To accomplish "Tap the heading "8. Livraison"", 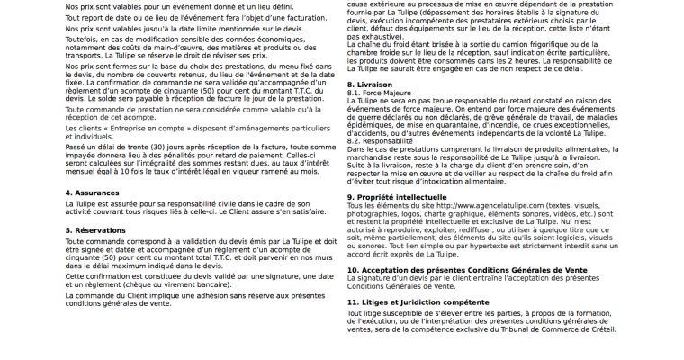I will (x=371, y=83).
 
